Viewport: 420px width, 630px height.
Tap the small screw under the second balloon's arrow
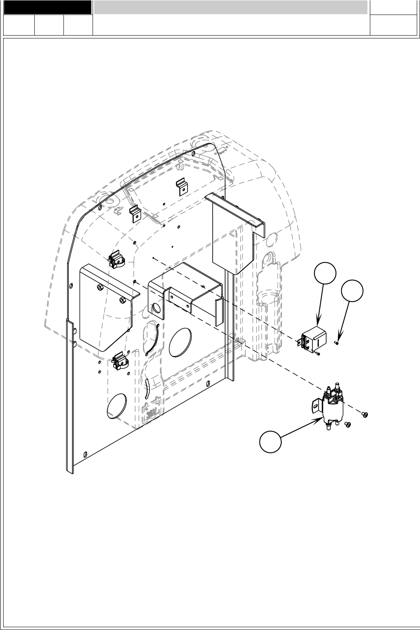pos(336,342)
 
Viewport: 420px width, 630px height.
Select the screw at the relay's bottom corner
pos(318,354)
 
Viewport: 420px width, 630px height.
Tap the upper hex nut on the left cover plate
pos(99,287)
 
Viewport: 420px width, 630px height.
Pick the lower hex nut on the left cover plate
pos(123,300)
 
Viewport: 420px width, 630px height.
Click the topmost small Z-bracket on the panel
pos(182,186)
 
